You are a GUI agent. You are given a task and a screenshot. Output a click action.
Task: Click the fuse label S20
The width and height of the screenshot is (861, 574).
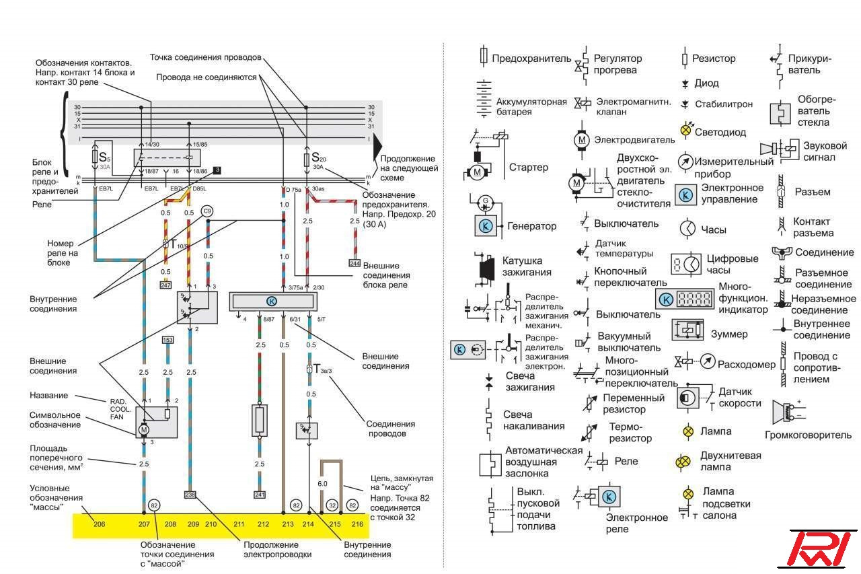(x=318, y=159)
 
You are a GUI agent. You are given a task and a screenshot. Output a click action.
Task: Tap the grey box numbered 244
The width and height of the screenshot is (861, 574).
(x=354, y=262)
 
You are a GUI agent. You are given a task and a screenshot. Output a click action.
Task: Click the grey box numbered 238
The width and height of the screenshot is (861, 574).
(x=191, y=495)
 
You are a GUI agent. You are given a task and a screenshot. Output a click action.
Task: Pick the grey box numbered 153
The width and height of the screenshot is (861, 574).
(x=167, y=340)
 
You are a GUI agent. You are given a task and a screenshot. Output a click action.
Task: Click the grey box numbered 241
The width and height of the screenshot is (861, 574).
(x=260, y=495)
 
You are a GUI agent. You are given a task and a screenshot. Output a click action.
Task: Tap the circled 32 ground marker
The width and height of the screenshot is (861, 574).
(x=332, y=505)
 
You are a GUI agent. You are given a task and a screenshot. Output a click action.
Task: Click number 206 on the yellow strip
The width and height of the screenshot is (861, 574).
(x=99, y=523)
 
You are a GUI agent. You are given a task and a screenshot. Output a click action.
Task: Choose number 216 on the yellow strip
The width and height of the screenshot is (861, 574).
(x=357, y=523)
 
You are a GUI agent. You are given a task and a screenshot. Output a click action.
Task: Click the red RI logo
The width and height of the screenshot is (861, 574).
(x=820, y=548)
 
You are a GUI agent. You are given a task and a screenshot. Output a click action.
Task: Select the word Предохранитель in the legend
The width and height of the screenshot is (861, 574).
(x=531, y=59)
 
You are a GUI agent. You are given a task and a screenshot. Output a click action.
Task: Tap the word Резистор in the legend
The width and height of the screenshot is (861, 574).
(x=714, y=59)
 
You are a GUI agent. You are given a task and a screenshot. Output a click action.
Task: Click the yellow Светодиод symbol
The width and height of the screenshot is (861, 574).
(x=686, y=131)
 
